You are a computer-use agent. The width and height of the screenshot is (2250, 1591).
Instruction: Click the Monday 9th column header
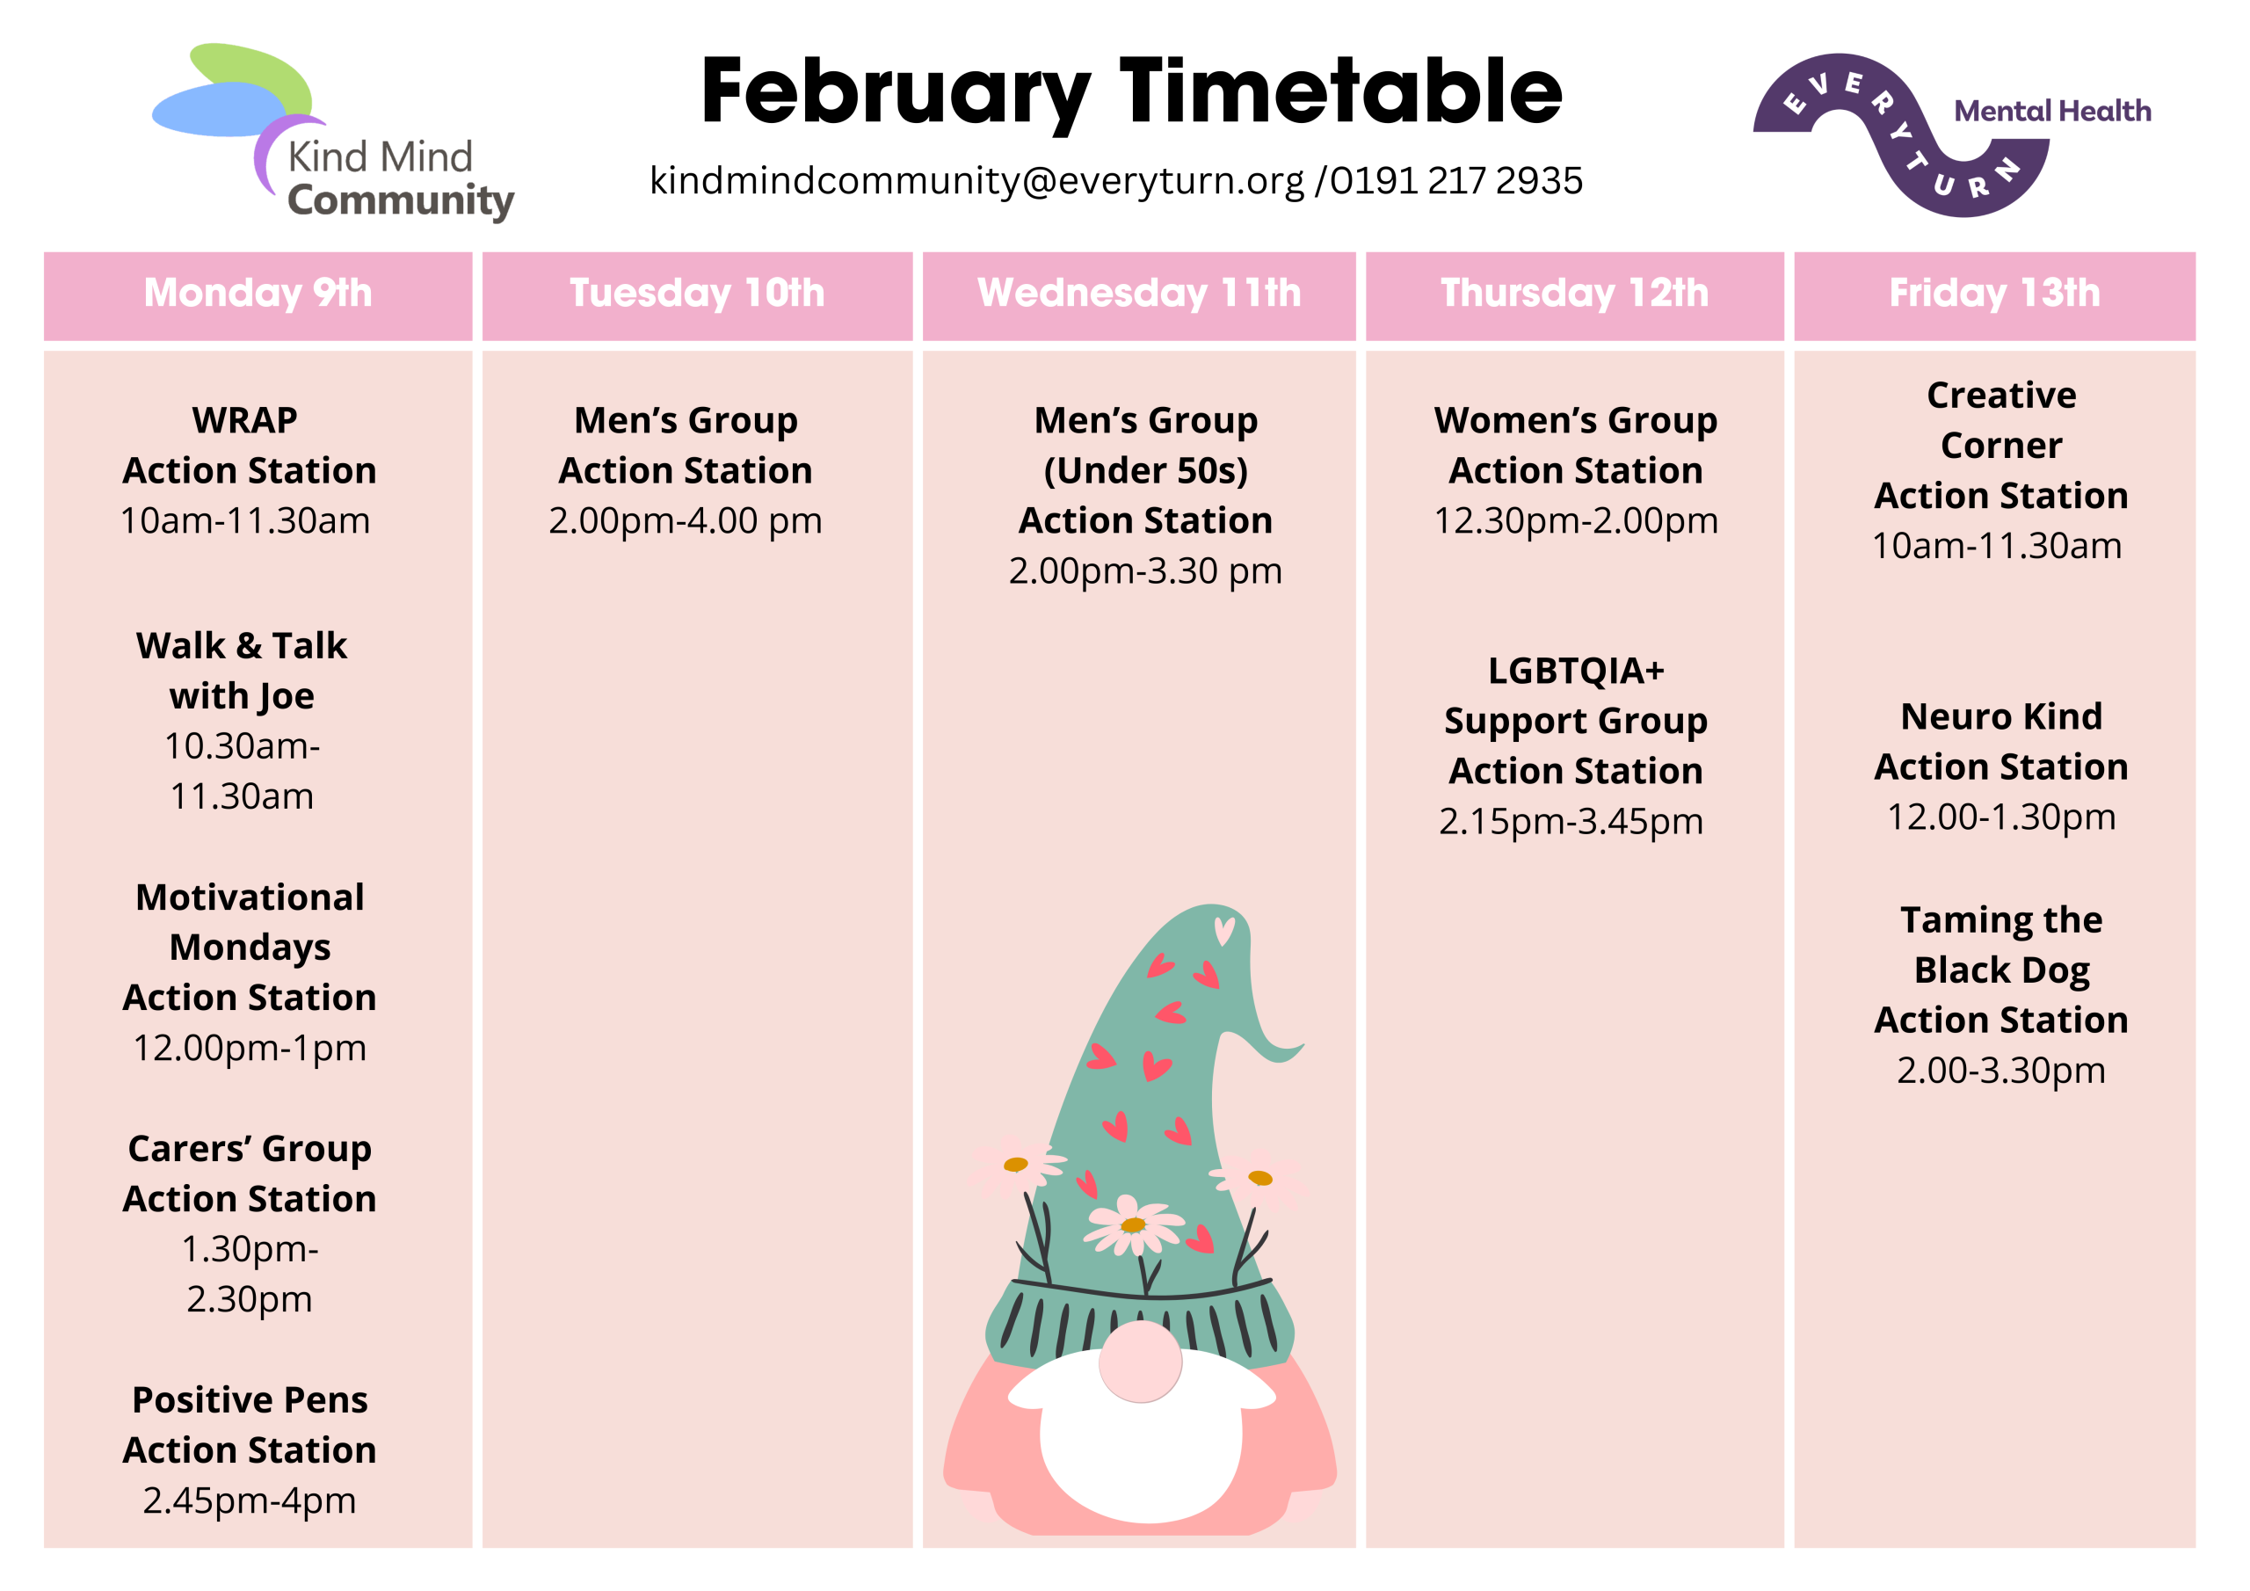tap(258, 293)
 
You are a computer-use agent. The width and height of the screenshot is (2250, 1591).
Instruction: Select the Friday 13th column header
tap(1994, 293)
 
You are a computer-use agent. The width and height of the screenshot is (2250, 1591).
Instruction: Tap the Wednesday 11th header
tap(1139, 293)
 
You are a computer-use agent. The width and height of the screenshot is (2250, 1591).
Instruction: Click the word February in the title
tap(896, 94)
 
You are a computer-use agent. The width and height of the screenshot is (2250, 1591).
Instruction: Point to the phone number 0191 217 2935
tap(1456, 180)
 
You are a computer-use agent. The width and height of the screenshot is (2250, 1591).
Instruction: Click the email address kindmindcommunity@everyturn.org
tap(977, 181)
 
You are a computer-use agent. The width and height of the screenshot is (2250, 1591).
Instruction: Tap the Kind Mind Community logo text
tap(400, 178)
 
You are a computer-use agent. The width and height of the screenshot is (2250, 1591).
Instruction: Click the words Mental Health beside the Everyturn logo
tap(2052, 111)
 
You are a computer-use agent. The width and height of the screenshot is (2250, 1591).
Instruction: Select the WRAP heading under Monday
tap(245, 420)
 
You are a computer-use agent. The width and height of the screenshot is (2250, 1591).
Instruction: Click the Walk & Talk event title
tap(242, 646)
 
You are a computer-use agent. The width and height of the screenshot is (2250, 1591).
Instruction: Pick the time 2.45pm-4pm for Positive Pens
tap(250, 1500)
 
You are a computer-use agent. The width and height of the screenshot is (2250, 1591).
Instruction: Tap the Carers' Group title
tap(250, 1150)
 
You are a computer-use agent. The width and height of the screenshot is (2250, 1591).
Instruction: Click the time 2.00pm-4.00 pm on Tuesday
tap(685, 521)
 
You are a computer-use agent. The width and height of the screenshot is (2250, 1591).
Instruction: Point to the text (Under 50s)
tap(1145, 470)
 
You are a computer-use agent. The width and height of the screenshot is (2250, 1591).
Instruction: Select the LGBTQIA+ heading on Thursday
tap(1576, 672)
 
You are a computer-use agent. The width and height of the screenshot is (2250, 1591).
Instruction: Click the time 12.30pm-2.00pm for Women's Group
tap(1576, 521)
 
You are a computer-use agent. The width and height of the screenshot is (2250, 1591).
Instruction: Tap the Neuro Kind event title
tap(2001, 716)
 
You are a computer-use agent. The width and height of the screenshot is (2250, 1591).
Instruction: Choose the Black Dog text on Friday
tap(2001, 970)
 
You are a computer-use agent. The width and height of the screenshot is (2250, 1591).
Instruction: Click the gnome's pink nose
tap(1140, 1362)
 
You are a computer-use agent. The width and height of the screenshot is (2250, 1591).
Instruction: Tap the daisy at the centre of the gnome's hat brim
tap(1134, 1224)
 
